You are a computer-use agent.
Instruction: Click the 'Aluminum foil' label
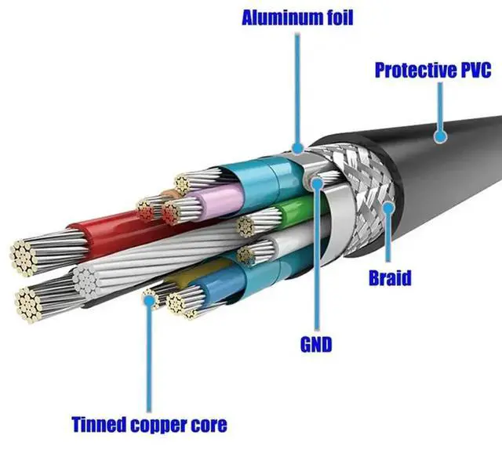coord(297,17)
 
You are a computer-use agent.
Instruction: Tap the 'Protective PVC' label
coord(432,70)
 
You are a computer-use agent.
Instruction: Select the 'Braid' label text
coord(389,277)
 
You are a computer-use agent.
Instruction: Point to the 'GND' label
coord(316,344)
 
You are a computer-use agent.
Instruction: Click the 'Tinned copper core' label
coord(149,425)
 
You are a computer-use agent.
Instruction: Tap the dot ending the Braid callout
coord(387,207)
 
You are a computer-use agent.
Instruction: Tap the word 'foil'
coord(336,17)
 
